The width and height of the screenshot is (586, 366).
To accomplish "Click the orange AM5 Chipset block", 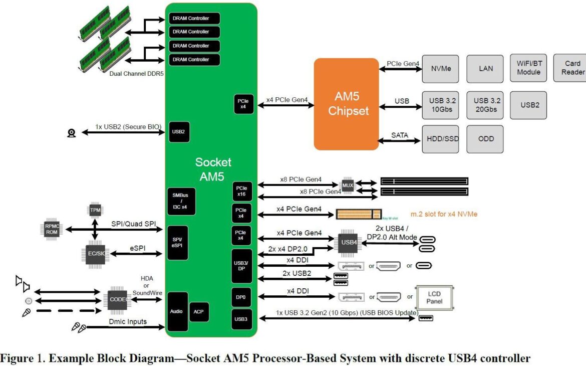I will (x=346, y=104).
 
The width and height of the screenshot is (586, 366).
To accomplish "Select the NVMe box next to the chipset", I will (x=440, y=69).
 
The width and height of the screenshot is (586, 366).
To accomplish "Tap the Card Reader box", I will (x=572, y=68).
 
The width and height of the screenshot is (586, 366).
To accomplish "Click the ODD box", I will (x=485, y=139).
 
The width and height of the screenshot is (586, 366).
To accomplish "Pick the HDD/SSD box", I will (x=440, y=139).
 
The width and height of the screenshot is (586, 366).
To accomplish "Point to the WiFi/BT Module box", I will (x=528, y=68).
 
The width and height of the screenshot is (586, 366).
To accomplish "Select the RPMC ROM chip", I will (x=53, y=230).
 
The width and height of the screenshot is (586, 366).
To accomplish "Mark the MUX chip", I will (x=348, y=186).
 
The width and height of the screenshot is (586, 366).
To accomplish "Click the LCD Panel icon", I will (x=434, y=298).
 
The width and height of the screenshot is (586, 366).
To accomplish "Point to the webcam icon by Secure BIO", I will (x=72, y=133).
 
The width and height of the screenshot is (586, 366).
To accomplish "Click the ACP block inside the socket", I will (x=199, y=312).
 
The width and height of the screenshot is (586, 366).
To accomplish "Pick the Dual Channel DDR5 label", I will (x=137, y=73).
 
